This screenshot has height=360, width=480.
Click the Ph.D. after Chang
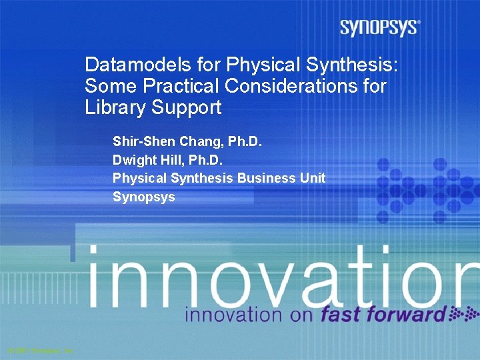point(245,141)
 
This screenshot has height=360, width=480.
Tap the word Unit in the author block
point(311,178)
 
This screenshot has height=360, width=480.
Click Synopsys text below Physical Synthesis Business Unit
point(143,197)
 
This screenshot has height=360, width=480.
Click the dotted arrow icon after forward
point(461,314)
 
